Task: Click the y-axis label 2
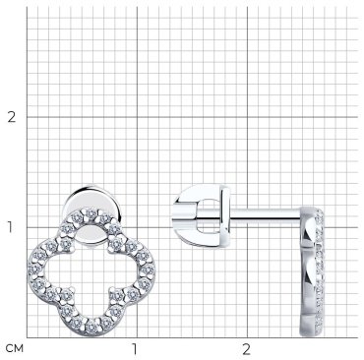point(12,117)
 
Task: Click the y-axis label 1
point(10,227)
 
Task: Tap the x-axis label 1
point(134,349)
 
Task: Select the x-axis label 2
point(246,349)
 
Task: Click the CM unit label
point(15,349)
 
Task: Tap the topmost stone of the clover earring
point(91,213)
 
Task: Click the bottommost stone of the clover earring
point(91,327)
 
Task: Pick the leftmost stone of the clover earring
point(35,270)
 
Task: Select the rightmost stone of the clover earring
point(148,270)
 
